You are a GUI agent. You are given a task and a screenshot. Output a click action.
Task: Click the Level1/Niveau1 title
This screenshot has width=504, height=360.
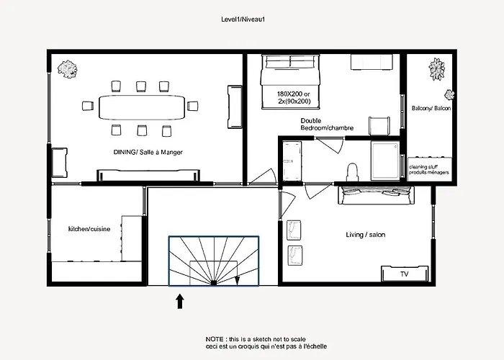pos(243,19)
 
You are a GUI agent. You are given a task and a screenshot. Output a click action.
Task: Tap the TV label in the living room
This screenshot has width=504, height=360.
pos(405,274)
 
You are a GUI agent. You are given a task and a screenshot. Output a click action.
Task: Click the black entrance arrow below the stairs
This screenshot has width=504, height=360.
pos(180,302)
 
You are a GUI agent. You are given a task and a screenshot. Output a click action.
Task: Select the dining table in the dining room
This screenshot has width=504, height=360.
pos(142,107)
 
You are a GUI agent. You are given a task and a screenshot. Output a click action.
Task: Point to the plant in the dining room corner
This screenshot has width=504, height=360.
pos(68,69)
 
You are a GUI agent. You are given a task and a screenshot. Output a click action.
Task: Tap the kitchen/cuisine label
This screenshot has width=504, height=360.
pos(89,229)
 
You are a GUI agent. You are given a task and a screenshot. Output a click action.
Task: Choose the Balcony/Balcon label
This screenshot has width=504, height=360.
pos(431,108)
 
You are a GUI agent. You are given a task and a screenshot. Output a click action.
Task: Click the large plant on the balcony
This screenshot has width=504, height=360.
pos(437,69)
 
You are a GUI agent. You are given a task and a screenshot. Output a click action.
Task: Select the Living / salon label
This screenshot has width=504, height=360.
pos(366,235)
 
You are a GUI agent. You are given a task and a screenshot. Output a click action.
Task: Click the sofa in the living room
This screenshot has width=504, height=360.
pos(376,195)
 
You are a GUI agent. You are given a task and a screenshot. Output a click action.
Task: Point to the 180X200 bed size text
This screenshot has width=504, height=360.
pos(293,94)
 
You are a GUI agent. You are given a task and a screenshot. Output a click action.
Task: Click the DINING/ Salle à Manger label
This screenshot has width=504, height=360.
pos(148,152)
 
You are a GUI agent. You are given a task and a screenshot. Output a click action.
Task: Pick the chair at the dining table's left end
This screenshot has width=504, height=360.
pos(88,106)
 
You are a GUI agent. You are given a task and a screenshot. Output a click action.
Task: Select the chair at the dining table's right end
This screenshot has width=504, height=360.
pos(192,106)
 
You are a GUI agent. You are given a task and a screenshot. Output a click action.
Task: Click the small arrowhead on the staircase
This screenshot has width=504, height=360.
pos(237,281)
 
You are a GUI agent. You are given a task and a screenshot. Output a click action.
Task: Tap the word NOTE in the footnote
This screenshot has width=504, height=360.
pos(215,339)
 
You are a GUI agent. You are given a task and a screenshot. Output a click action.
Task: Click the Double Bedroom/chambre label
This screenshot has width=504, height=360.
pos(327,125)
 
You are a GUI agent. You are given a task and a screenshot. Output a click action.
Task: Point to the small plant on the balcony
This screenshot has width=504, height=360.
pos(449,94)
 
